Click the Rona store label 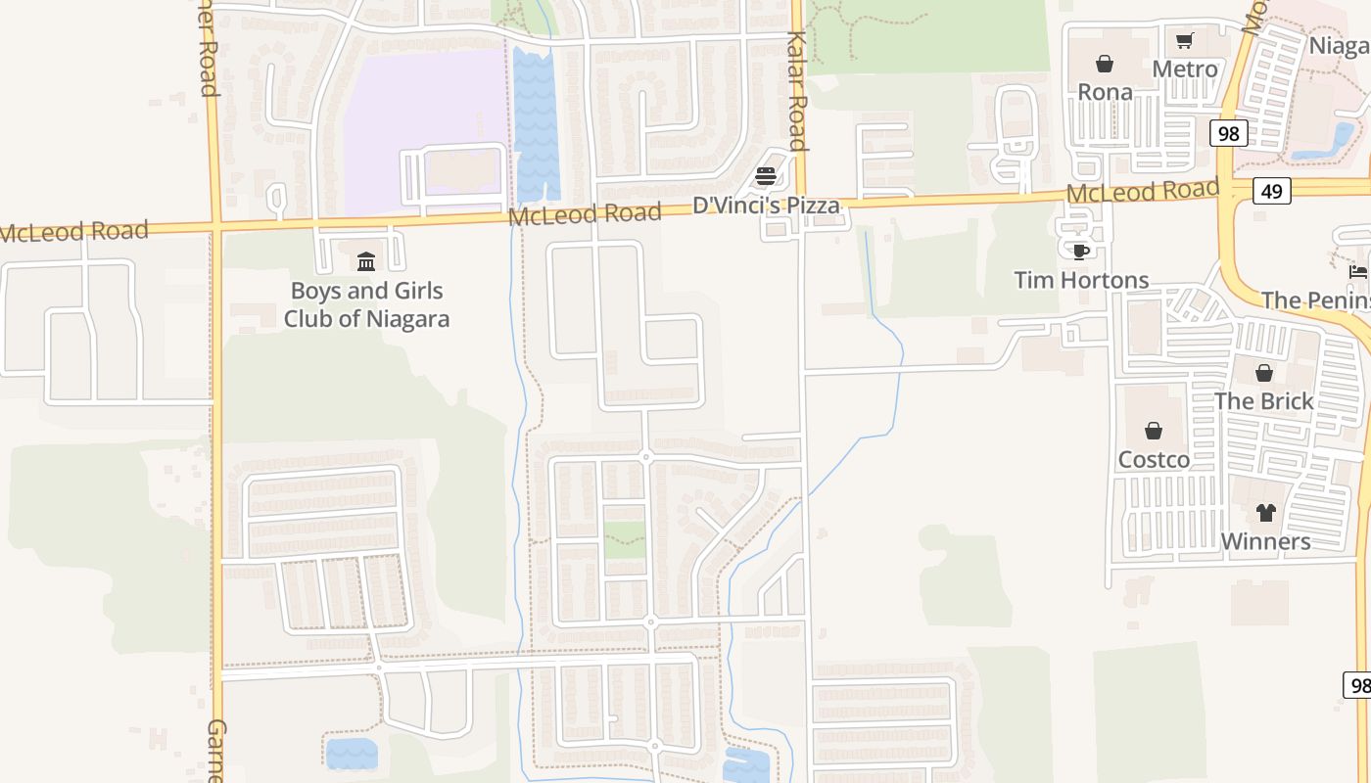tap(1105, 92)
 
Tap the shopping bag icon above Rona tap(1105, 65)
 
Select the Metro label tap(1185, 69)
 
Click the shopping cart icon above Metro tap(1185, 41)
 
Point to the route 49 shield tap(1271, 191)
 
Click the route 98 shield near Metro tap(1228, 132)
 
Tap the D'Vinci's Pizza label tap(766, 206)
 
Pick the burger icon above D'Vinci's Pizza tap(766, 177)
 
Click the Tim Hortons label tap(1081, 280)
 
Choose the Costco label tap(1154, 459)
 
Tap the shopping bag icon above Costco tap(1154, 431)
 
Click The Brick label tap(1263, 401)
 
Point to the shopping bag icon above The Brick tap(1263, 373)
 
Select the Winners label tap(1265, 541)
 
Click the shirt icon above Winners tap(1265, 513)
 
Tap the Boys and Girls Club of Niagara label tap(366, 304)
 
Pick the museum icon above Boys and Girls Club tap(366, 261)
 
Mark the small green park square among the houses tap(625, 539)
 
